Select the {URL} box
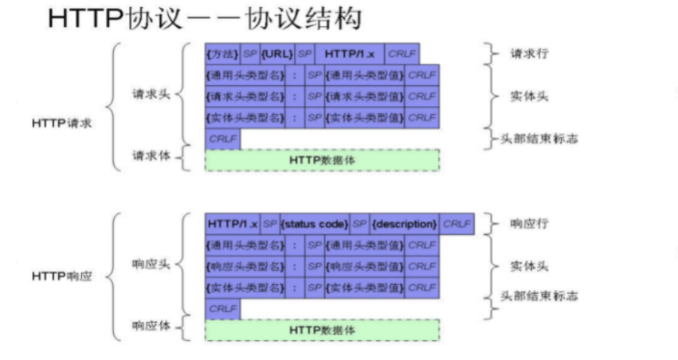[x=277, y=53]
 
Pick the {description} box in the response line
[x=404, y=224]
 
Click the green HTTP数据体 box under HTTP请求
[x=322, y=159]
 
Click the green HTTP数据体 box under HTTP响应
[x=322, y=330]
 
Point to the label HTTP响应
[x=62, y=276]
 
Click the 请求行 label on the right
[x=529, y=54]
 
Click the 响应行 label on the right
[x=529, y=224]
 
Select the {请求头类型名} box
[x=245, y=96]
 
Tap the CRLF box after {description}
[x=457, y=224]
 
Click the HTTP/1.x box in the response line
[x=228, y=224]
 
